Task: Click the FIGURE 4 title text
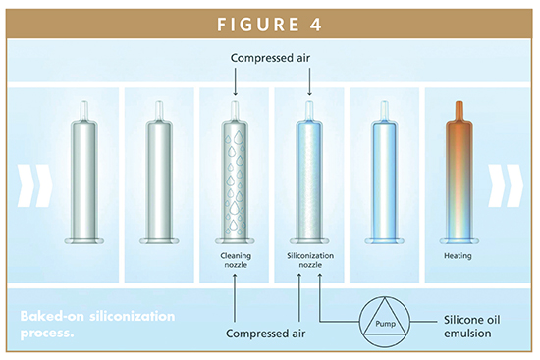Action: (269, 21)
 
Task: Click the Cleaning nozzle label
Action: (235, 259)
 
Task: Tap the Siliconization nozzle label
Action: (309, 259)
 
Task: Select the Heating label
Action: (459, 254)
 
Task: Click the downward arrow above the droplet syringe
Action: (235, 87)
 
